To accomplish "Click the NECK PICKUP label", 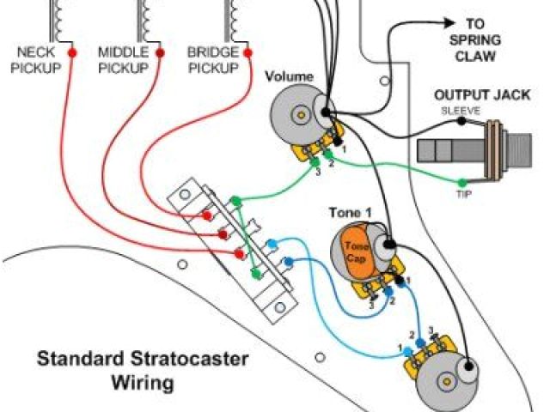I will (35, 60).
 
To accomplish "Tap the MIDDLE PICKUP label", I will (124, 60).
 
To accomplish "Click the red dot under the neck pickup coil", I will (70, 51).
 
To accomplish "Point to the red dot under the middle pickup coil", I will (158, 51).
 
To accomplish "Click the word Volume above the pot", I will (289, 77).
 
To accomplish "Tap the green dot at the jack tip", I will (461, 182).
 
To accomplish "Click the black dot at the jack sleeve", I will (462, 122).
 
